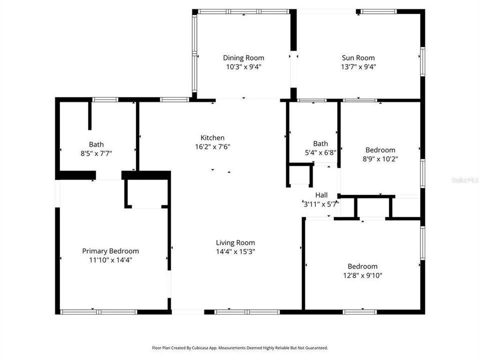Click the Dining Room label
(243, 57)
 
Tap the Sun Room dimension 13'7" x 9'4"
(358, 66)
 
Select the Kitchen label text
(212, 137)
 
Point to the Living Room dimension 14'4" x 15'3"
(235, 251)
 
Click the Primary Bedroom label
(110, 251)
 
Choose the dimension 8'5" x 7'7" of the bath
(96, 153)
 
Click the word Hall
(321, 194)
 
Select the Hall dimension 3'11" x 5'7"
(321, 203)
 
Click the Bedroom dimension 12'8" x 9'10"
(363, 275)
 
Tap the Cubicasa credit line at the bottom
(240, 347)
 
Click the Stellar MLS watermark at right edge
(465, 179)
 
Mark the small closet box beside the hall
(300, 175)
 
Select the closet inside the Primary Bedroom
(145, 192)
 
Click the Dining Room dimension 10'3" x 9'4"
(243, 66)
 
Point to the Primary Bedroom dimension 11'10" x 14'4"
(110, 259)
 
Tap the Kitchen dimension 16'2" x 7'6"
(212, 146)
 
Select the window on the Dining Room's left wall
(194, 55)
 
